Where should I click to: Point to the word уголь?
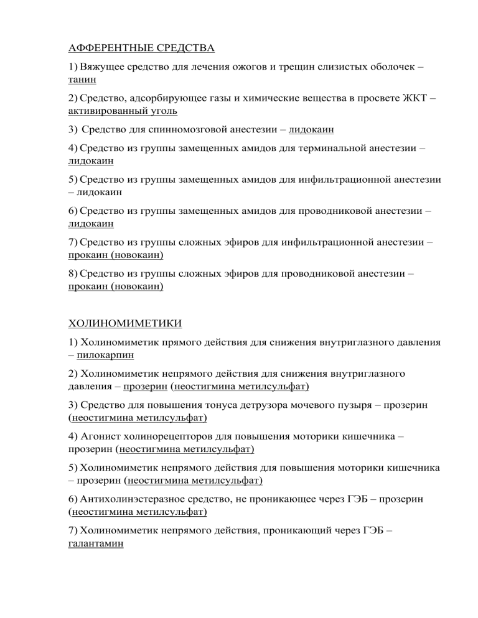tap(162, 111)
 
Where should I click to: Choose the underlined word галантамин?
tap(95, 543)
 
